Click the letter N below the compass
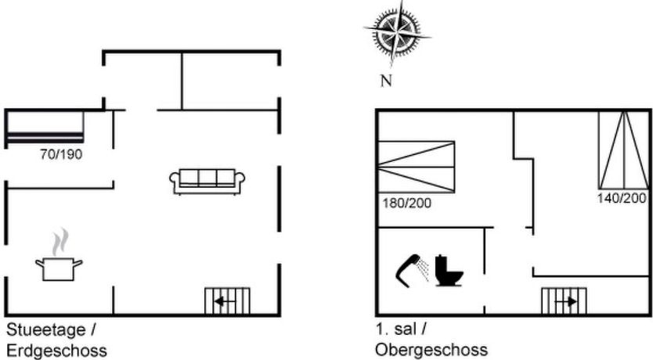click(x=385, y=80)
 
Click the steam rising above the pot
click(x=58, y=243)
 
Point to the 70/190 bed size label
click(x=61, y=154)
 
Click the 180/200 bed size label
click(x=405, y=203)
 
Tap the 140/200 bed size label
click(x=622, y=198)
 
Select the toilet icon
click(x=449, y=270)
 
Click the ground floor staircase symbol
click(x=227, y=301)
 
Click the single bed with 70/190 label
click(x=45, y=128)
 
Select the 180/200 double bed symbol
click(x=416, y=165)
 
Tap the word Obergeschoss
click(x=431, y=349)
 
